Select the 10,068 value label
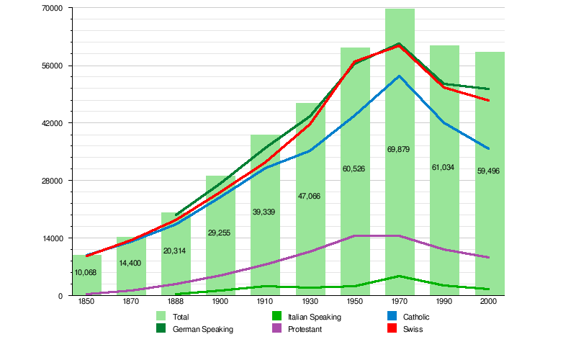click(86, 272)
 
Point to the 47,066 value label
click(310, 196)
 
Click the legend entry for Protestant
click(305, 329)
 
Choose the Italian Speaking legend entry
click(315, 316)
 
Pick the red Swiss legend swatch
click(393, 329)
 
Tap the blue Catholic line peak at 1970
click(400, 76)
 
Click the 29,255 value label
click(220, 233)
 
